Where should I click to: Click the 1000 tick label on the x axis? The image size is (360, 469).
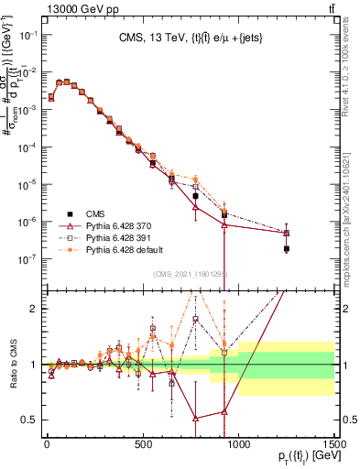238,446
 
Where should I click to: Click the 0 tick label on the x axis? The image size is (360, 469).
47,446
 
